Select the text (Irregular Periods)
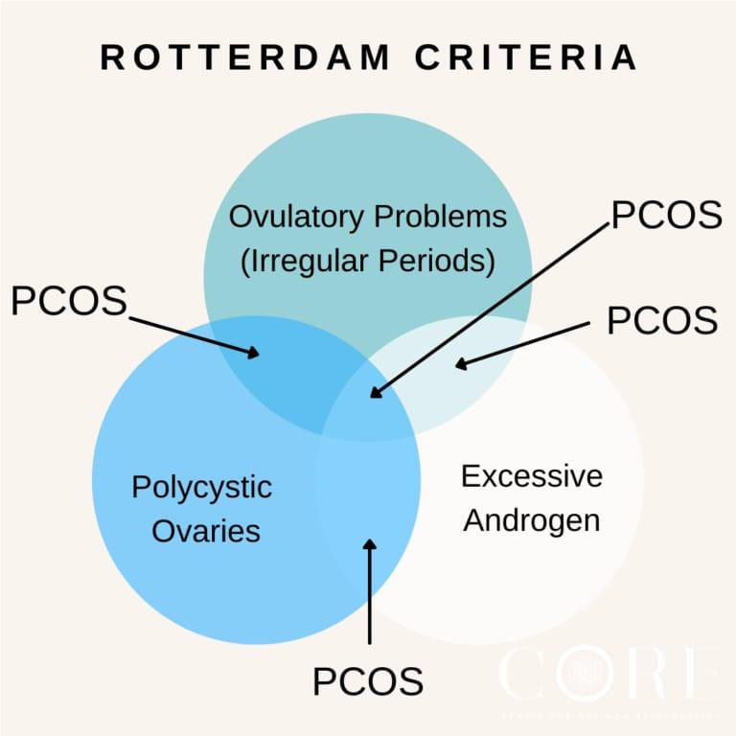tap(368, 260)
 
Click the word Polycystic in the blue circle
tap(201, 487)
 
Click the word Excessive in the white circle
tap(532, 475)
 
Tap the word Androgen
tap(532, 519)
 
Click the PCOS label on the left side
tap(69, 301)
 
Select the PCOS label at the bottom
tap(367, 681)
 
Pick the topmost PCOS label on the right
tap(666, 215)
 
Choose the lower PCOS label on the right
tap(662, 320)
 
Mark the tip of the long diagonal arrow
tap(375, 394)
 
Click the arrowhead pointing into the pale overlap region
tap(461, 364)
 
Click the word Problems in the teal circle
tap(440, 217)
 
